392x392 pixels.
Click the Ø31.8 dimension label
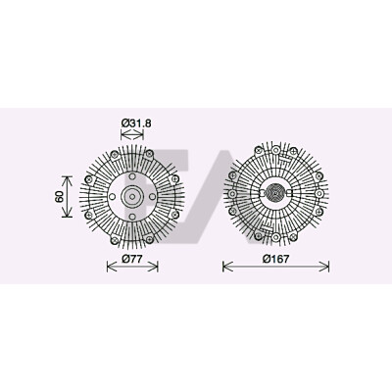[136, 123]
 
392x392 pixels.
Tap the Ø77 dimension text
[132, 259]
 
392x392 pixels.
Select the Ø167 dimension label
[275, 259]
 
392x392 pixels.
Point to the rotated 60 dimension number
[59, 197]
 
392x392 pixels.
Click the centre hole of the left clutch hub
[132, 197]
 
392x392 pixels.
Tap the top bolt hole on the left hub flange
[132, 176]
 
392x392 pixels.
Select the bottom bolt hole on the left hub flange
[132, 217]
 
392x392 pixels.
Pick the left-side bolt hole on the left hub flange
[113, 197]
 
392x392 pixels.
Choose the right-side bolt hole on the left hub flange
[152, 197]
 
